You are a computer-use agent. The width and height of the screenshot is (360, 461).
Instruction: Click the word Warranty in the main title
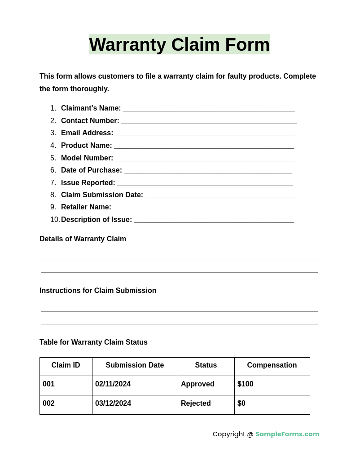(x=127, y=44)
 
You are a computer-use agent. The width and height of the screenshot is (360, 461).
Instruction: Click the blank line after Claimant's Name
(x=209, y=109)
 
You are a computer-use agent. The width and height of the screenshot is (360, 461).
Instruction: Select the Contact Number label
(x=90, y=121)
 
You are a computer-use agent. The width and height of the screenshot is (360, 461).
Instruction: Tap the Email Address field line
(x=205, y=134)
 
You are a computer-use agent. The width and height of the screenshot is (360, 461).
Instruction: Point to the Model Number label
(x=87, y=158)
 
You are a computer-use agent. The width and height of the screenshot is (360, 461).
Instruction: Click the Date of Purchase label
(x=92, y=170)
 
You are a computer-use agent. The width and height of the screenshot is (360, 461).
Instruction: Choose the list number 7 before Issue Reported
(x=53, y=183)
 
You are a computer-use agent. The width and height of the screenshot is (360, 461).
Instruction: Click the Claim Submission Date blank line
(x=221, y=196)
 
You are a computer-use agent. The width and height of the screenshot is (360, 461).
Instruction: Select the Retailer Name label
(x=86, y=207)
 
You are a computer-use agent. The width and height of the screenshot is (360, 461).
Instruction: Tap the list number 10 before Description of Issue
(x=55, y=220)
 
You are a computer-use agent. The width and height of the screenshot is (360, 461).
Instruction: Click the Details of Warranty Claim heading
(x=83, y=239)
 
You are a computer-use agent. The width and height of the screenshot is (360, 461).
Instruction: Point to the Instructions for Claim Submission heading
(x=98, y=291)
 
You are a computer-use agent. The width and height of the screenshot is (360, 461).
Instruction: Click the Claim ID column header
(x=66, y=365)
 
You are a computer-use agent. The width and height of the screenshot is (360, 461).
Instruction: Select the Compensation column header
(x=272, y=365)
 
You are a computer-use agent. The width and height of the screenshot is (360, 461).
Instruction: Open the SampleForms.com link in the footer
(x=287, y=434)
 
